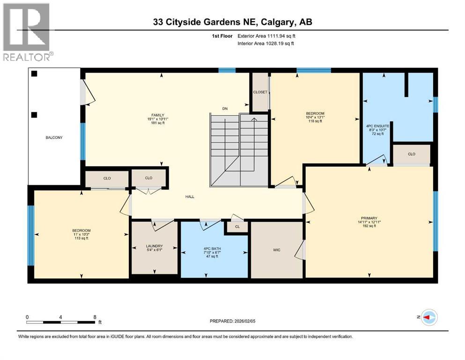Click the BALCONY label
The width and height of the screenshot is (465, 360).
pyautogui.click(x=54, y=137)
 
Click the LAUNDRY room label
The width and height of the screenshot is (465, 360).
pyautogui.click(x=154, y=246)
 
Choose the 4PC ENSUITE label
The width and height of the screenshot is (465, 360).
pyautogui.click(x=374, y=125)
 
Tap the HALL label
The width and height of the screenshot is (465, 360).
pyautogui.click(x=189, y=196)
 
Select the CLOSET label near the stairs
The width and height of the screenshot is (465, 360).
pyautogui.click(x=260, y=92)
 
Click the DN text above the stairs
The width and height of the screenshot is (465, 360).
pyautogui.click(x=225, y=109)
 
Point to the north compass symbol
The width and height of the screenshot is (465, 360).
pyautogui.click(x=429, y=318)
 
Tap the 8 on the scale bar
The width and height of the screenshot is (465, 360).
pyautogui.click(x=96, y=317)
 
